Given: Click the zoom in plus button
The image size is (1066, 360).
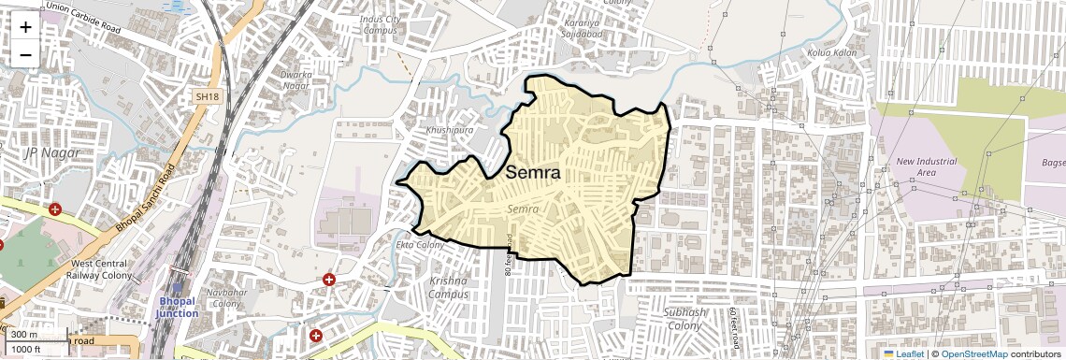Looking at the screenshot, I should (x=25, y=26).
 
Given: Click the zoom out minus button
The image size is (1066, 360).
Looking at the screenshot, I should (x=25, y=55).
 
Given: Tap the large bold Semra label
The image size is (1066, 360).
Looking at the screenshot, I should (x=533, y=173).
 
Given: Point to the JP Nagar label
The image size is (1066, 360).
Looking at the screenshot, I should (x=52, y=151).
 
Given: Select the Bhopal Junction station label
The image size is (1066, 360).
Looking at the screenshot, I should (x=177, y=307).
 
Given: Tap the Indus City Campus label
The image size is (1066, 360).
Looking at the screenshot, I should (x=381, y=23).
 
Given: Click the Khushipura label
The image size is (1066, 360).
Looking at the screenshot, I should (x=451, y=130).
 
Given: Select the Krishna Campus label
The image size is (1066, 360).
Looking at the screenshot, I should (x=449, y=287).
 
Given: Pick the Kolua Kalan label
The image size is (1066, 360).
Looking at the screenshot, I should (x=831, y=52).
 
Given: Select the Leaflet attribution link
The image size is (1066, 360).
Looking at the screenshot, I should (x=910, y=353).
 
